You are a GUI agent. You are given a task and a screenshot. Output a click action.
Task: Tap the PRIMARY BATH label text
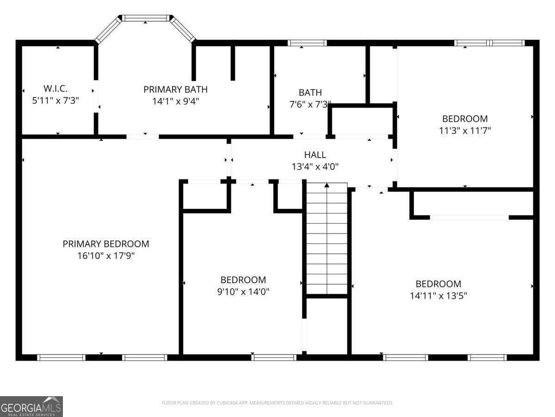(x=175, y=89)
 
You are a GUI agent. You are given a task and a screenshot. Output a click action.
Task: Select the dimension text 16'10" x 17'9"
(x=106, y=255)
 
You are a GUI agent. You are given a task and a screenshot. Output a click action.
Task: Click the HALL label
(x=314, y=155)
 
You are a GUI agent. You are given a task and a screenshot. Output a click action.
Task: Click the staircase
(x=327, y=241)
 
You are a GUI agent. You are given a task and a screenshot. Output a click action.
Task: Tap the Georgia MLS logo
(x=31, y=406)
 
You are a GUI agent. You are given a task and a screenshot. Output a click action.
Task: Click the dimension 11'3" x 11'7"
(x=464, y=131)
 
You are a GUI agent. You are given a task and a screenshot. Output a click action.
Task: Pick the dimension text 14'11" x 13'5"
(x=438, y=296)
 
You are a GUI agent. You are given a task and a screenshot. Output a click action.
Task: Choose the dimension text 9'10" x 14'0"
(x=243, y=292)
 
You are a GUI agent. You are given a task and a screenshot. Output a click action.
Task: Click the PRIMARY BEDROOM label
(x=106, y=244)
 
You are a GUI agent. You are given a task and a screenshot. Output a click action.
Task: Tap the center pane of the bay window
(x=146, y=18)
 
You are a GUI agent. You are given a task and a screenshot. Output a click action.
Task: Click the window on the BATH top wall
(x=307, y=43)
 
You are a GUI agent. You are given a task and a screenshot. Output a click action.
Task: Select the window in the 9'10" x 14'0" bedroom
(x=274, y=357)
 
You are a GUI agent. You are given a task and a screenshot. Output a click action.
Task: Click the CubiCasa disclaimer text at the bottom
(x=277, y=403)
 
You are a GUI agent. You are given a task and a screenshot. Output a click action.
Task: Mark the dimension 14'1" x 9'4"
(x=175, y=101)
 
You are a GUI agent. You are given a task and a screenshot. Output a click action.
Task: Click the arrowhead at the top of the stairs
(x=327, y=185)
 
